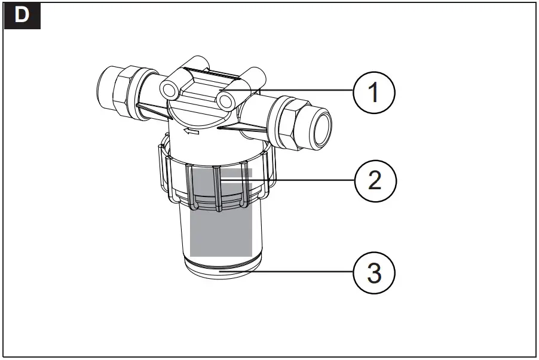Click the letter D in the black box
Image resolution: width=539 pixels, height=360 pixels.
(22, 16)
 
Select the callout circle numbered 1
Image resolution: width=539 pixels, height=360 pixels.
(373, 93)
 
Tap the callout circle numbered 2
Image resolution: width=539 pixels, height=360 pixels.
(373, 180)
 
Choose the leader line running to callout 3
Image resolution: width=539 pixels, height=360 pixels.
(299, 272)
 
